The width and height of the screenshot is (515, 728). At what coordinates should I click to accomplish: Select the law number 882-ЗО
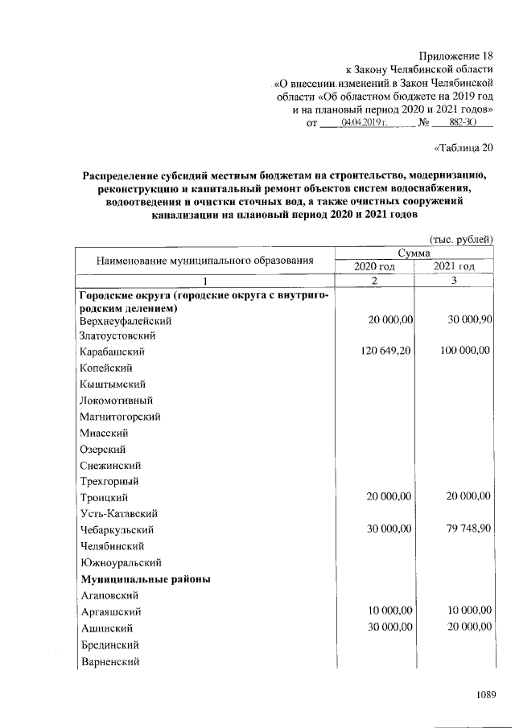[x=461, y=122]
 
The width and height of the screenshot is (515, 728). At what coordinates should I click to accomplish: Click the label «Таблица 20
[x=463, y=147]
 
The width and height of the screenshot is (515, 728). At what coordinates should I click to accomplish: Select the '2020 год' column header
[x=376, y=266]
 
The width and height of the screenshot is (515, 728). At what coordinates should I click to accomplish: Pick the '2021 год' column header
[x=454, y=266]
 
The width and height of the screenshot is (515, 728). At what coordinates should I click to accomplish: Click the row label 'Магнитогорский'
[x=121, y=417]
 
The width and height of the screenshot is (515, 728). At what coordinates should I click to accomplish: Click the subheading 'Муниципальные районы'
[x=145, y=578]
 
